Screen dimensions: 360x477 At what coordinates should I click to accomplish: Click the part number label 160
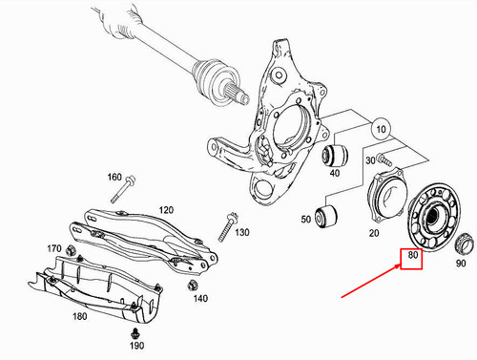[114, 177]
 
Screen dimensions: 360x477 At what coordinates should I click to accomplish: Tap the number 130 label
[241, 232]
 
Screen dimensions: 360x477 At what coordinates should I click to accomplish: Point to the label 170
[53, 248]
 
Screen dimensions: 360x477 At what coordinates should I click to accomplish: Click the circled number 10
[380, 127]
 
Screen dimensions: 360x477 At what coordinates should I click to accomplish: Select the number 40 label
[335, 173]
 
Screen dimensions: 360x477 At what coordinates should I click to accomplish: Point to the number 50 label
[305, 220]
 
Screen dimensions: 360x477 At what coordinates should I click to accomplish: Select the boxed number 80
[411, 256]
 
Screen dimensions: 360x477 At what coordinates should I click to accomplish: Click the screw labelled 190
[135, 331]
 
